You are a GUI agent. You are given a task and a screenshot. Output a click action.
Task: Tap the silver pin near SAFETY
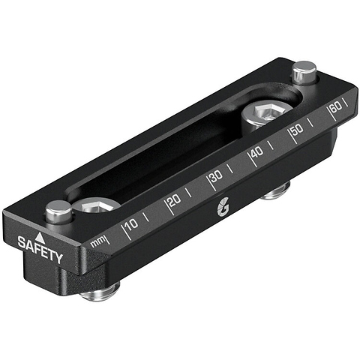[58, 213]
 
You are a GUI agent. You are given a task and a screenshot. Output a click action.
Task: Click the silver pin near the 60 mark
[303, 73]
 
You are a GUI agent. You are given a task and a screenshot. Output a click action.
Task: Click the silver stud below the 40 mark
[276, 193]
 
